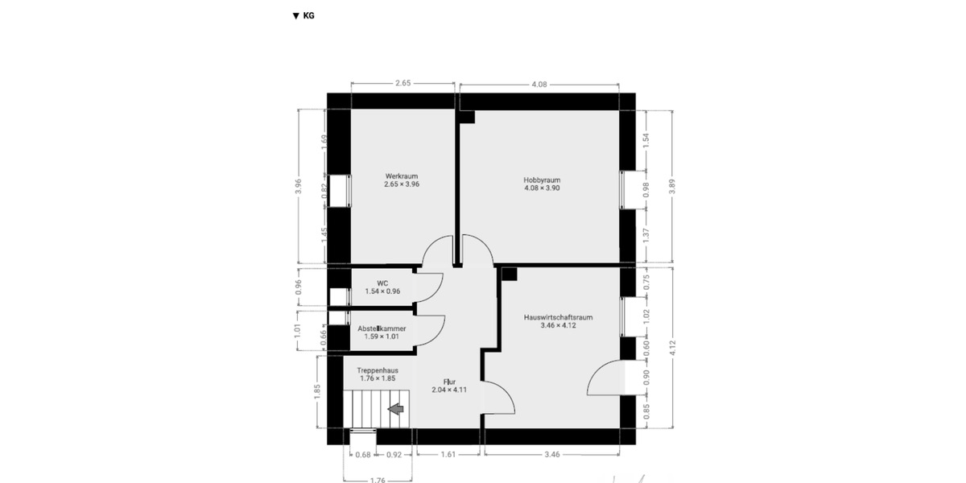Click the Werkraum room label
click(x=402, y=180)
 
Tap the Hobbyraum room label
click(x=542, y=184)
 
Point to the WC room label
click(x=382, y=287)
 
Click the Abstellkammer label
click(x=382, y=332)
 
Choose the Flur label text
click(x=449, y=386)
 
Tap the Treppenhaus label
click(x=378, y=374)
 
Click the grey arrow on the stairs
click(x=395, y=410)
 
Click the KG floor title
click(x=303, y=15)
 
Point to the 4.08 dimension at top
click(x=540, y=83)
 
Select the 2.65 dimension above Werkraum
click(x=404, y=83)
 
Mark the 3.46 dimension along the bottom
click(x=551, y=455)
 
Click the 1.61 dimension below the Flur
click(x=448, y=455)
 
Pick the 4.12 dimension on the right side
click(x=672, y=348)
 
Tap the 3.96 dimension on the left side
click(x=299, y=186)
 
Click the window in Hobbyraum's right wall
click(x=627, y=190)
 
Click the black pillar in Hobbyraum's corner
click(x=467, y=117)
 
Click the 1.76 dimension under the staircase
click(x=378, y=481)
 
